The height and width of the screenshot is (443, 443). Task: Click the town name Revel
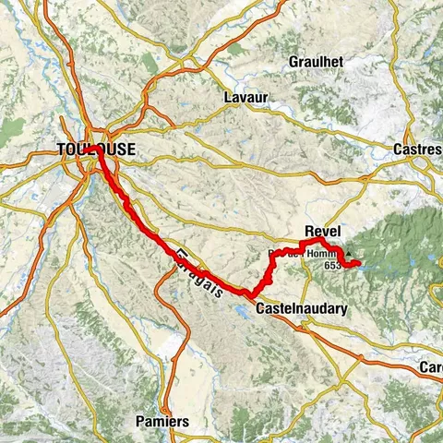(321, 232)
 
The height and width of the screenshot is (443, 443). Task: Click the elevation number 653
(332, 265)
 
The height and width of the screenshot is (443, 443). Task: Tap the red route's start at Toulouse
(96, 148)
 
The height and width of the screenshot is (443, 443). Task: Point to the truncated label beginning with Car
(433, 366)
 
